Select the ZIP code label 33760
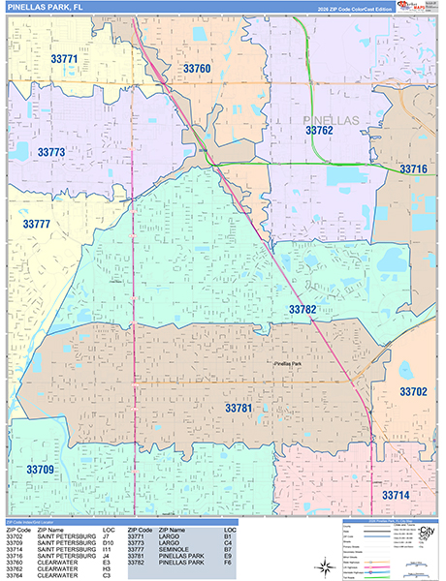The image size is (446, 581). (x=196, y=69)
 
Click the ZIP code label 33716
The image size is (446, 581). (x=413, y=169)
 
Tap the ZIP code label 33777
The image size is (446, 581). (x=37, y=224)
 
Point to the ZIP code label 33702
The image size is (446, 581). (x=413, y=392)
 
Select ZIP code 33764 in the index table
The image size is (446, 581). (x=18, y=574)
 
